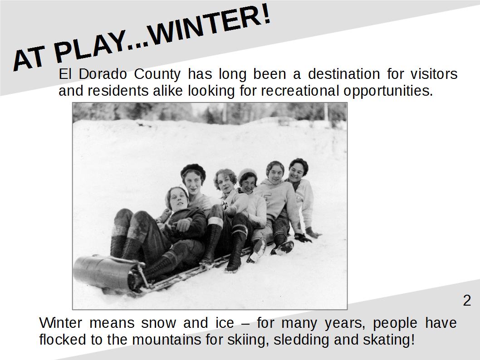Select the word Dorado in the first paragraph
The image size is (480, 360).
pos(103,74)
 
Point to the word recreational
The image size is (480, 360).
pos(300,91)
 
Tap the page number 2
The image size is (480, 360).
pos(467,300)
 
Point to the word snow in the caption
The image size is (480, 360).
pos(159,323)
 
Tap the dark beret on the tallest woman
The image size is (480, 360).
pos(193,170)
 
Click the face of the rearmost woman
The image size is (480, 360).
pos(296,171)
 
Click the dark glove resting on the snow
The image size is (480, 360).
pos(303,237)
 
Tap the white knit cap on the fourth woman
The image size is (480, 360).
pos(247,172)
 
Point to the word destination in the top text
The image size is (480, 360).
pos(344,74)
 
